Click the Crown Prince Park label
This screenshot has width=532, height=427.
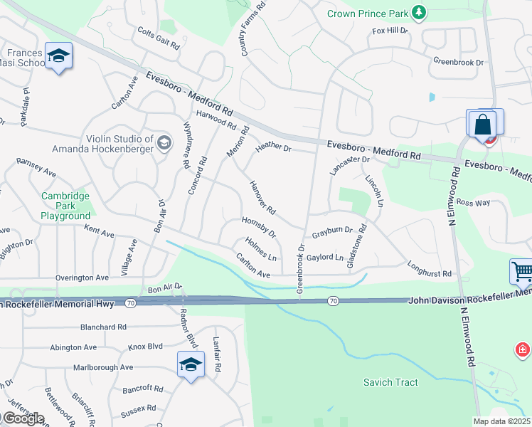click(368, 13)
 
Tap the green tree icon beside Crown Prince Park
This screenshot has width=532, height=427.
click(420, 12)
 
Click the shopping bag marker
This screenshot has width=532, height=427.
click(482, 124)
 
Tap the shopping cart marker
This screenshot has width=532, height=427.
click(521, 272)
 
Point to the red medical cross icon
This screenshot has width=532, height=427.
click(523, 349)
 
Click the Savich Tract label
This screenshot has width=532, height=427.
click(390, 383)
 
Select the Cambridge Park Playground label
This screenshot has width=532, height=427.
click(65, 206)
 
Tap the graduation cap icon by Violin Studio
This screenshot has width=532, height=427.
click(164, 143)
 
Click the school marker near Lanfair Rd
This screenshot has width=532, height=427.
click(191, 365)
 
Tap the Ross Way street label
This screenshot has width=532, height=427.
click(473, 203)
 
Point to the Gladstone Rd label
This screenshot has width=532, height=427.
click(356, 246)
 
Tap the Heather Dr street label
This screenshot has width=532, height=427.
click(274, 146)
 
